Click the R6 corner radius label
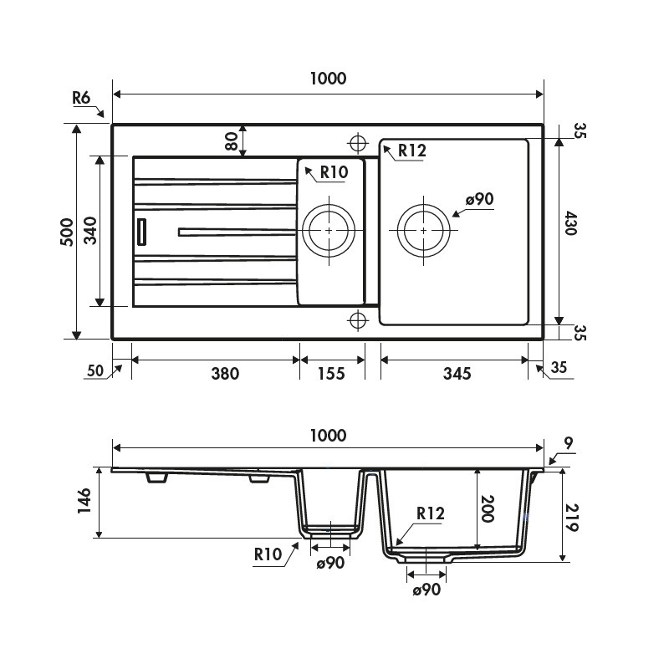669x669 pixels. click(x=81, y=98)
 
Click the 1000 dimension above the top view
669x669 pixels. click(x=327, y=79)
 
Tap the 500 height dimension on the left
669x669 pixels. click(x=68, y=232)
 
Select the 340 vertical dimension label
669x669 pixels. click(x=89, y=232)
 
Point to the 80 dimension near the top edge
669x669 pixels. click(x=232, y=140)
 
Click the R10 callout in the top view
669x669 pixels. click(x=333, y=172)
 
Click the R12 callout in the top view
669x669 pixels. click(x=412, y=151)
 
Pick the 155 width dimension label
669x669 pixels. click(x=331, y=373)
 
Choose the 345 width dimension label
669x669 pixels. click(x=456, y=373)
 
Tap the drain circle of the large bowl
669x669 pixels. click(x=425, y=229)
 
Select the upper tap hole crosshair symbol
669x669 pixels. click(x=358, y=142)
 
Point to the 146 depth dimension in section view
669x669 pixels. click(x=84, y=502)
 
